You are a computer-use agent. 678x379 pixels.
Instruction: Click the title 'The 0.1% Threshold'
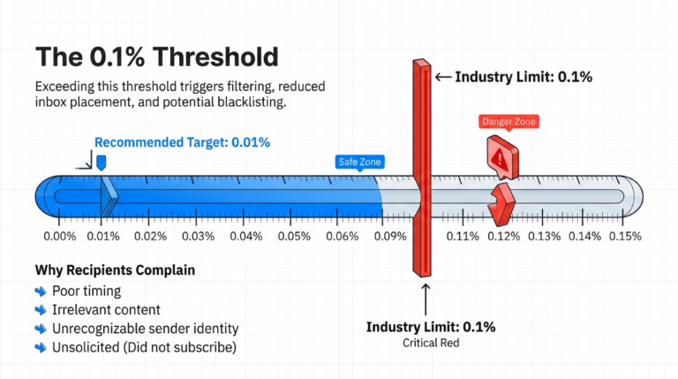pyautogui.click(x=156, y=57)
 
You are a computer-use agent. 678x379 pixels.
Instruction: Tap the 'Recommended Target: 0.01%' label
pyautogui.click(x=182, y=142)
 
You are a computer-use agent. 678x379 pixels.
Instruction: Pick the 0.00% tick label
pyautogui.click(x=60, y=237)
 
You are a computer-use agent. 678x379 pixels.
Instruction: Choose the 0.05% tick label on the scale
pyautogui.click(x=293, y=237)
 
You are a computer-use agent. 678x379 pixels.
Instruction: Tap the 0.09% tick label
pyautogui.click(x=389, y=237)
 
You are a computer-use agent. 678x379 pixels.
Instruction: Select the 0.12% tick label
pyautogui.click(x=503, y=237)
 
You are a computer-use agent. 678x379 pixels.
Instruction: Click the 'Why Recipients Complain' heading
pyautogui.click(x=115, y=269)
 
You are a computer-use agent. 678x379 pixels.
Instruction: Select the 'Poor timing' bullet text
pyautogui.click(x=87, y=291)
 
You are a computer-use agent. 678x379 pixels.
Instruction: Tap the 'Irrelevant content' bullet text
pyautogui.click(x=106, y=309)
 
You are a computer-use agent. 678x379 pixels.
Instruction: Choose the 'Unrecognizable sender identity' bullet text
pyautogui.click(x=145, y=328)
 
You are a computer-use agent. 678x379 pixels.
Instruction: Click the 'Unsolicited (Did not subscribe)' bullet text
pyautogui.click(x=144, y=347)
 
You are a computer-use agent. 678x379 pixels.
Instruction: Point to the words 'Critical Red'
pyautogui.click(x=431, y=342)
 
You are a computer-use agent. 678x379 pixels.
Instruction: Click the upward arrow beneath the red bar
pyautogui.click(x=425, y=298)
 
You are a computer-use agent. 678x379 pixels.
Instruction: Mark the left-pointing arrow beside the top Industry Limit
pyautogui.click(x=443, y=77)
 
